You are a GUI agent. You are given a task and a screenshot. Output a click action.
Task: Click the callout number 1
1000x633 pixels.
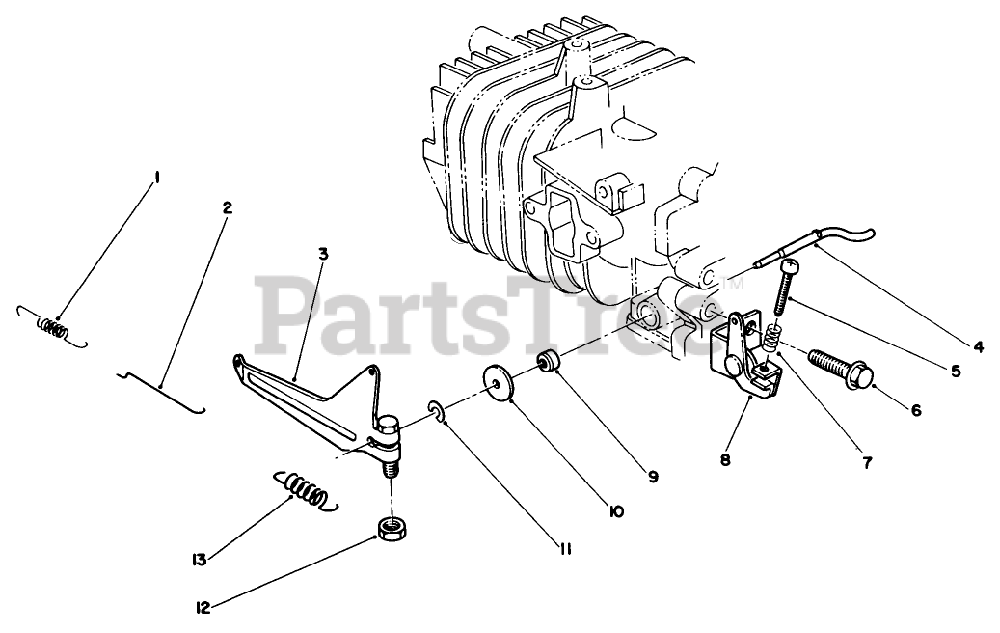pyautogui.click(x=156, y=178)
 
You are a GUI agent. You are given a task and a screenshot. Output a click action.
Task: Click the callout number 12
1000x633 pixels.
pyautogui.click(x=203, y=608)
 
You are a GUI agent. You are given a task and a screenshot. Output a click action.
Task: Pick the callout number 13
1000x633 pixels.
pyautogui.click(x=199, y=558)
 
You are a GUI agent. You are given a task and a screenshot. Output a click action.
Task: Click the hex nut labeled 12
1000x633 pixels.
pyautogui.click(x=390, y=529)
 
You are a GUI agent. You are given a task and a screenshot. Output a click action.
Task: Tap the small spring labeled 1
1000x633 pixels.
pyautogui.click(x=55, y=328)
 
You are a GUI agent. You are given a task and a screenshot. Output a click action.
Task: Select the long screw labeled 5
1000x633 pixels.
pyautogui.click(x=786, y=287)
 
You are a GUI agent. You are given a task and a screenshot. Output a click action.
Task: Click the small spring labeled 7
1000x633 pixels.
pyautogui.click(x=770, y=338)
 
